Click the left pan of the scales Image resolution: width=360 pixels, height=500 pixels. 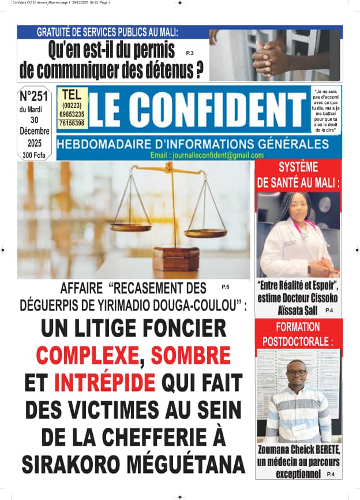click(131, 226)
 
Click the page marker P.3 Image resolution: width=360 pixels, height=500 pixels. click(190, 53)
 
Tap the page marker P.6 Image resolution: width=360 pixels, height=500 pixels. click(225, 286)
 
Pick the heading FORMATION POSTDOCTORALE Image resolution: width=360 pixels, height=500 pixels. click(298, 334)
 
